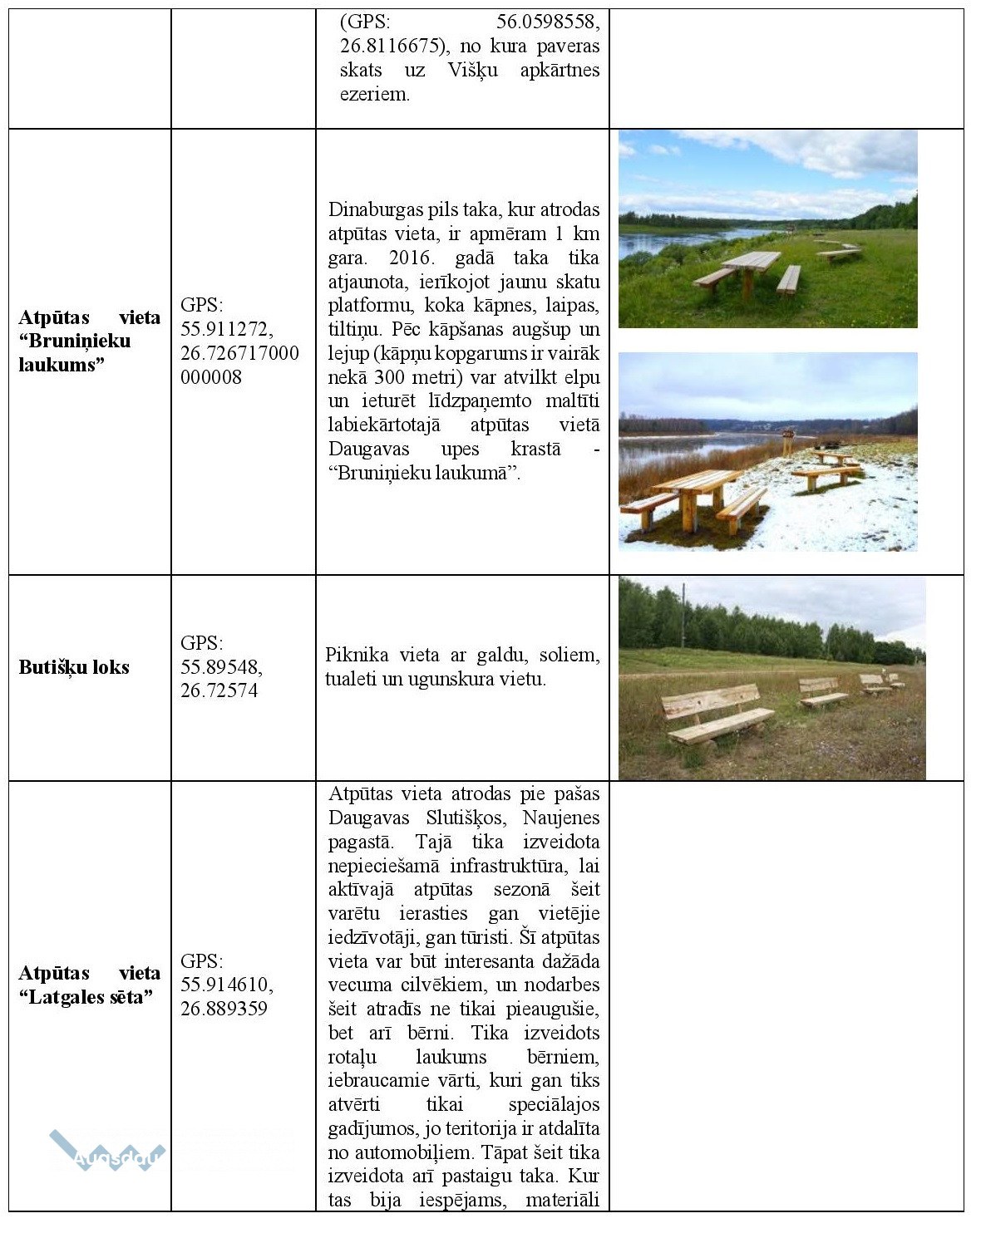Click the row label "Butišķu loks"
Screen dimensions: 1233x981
[74, 667]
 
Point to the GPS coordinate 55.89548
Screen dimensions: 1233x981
[221, 667]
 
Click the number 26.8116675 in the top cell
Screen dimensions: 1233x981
[388, 46]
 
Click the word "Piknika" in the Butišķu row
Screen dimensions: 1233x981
[357, 655]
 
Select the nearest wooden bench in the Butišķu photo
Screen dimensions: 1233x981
[717, 715]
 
